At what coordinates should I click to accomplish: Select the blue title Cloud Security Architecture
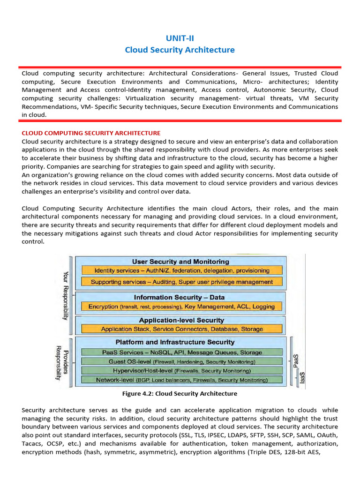click(180, 50)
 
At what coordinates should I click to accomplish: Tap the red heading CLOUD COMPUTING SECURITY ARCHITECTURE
click(91, 133)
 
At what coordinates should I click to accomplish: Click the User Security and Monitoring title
click(180, 262)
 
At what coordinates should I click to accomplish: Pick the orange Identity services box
click(182, 270)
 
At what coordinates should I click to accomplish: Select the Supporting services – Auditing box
click(182, 282)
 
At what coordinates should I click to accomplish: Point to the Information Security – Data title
click(179, 297)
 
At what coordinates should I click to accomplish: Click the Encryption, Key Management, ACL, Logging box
click(182, 307)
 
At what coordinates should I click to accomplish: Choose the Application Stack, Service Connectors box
click(182, 329)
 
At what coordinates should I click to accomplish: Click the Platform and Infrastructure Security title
click(182, 342)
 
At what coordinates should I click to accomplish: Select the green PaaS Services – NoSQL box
click(182, 352)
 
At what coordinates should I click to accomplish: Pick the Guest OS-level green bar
click(182, 362)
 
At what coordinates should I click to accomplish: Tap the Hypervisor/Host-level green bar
click(182, 371)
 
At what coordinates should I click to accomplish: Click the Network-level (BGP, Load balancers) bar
click(182, 380)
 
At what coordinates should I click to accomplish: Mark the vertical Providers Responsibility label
click(62, 363)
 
